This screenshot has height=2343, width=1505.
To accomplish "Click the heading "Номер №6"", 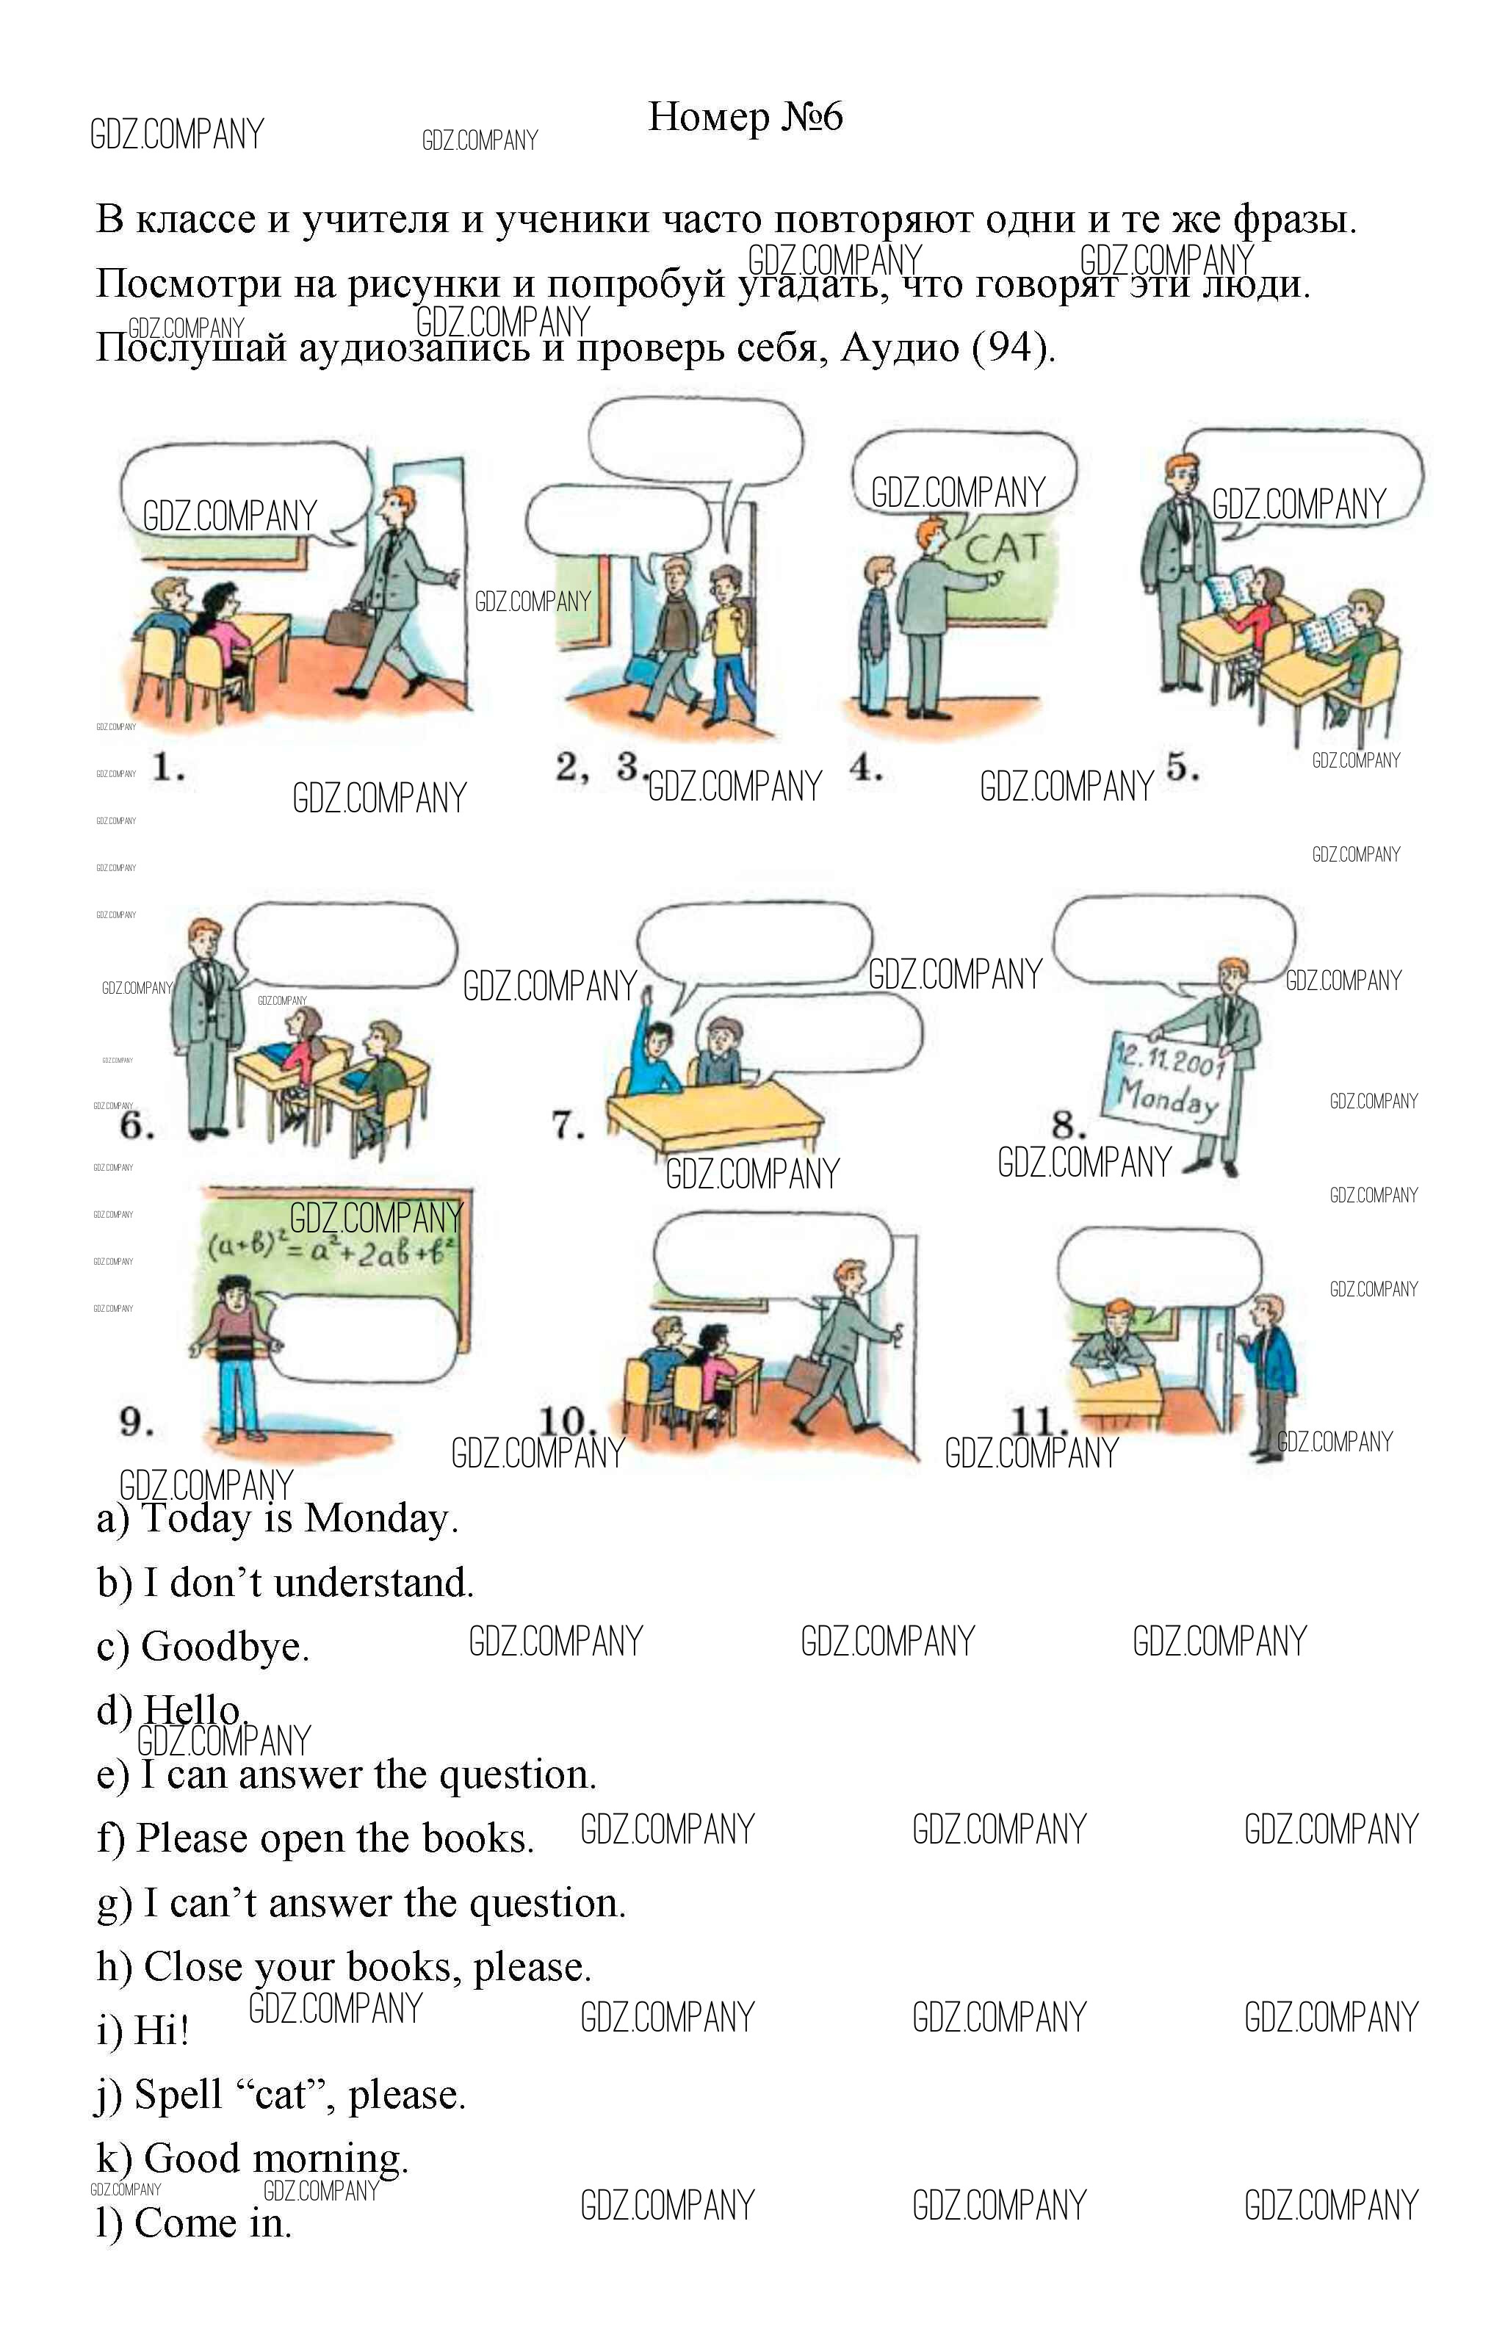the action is [x=745, y=118].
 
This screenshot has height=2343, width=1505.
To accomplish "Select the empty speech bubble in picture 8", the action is [x=1173, y=944].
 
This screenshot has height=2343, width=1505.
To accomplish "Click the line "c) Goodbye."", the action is [x=203, y=1647].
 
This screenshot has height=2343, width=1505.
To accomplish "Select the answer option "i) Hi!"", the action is [x=142, y=2030].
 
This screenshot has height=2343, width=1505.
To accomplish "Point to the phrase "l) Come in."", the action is [x=195, y=2223].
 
